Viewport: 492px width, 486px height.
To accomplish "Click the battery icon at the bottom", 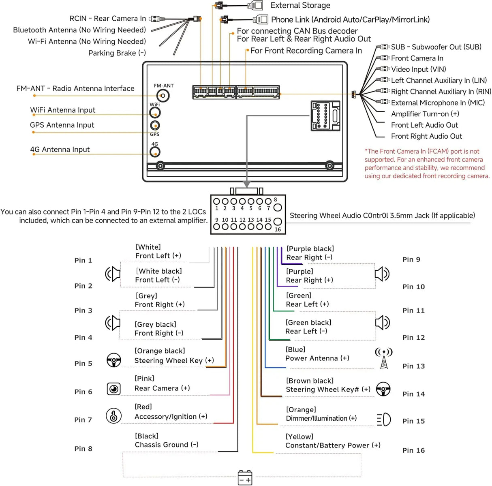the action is point(245,477).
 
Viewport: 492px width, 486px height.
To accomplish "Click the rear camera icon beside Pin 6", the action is point(113,389).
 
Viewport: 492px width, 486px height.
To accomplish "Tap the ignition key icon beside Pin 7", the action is point(113,416).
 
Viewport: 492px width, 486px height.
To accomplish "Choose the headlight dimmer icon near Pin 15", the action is point(384,420).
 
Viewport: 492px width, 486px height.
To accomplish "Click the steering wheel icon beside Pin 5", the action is point(113,360).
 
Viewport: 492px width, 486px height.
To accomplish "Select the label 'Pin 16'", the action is point(414,450).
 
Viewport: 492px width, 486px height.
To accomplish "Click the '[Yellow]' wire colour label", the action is point(299,437).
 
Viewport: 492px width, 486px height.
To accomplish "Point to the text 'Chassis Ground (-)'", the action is point(167,445).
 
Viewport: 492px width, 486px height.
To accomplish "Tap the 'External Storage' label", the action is point(300,5).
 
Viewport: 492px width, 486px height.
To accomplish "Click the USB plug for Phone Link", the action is point(261,19).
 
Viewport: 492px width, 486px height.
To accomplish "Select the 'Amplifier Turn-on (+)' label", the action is point(425,114).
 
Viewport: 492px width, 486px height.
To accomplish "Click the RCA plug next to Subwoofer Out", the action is point(383,47).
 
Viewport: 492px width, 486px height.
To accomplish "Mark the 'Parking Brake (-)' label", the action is point(117,53).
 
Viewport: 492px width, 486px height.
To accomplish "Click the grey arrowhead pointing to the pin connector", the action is point(247,184).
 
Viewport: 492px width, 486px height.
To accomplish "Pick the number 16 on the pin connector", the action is point(278,229).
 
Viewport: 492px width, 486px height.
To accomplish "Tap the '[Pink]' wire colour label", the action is point(144,378).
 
